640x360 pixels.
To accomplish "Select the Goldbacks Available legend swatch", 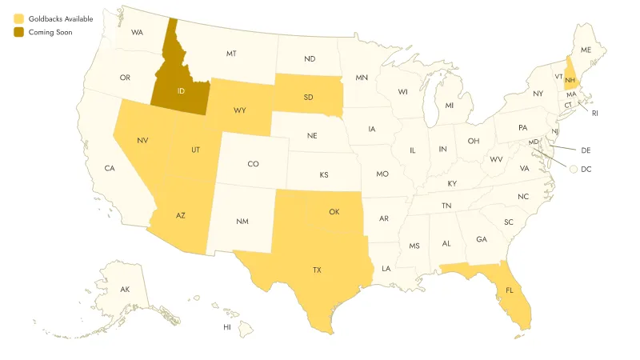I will [x=18, y=18].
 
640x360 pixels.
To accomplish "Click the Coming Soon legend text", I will [x=50, y=32].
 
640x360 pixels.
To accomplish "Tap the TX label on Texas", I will [x=317, y=270].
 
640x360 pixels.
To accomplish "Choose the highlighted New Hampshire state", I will [x=570, y=79].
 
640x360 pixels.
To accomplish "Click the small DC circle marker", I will [x=574, y=169].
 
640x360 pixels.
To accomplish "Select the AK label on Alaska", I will [x=125, y=289].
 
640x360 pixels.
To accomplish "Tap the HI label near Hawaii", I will [x=227, y=327].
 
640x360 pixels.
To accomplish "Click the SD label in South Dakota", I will [x=309, y=98].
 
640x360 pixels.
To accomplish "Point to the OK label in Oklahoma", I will [x=334, y=212].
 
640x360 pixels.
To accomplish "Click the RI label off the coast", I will [x=595, y=114].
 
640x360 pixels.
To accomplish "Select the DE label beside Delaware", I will [x=586, y=150].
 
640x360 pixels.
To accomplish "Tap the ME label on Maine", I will [x=586, y=50].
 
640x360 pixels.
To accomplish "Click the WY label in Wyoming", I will [x=239, y=110].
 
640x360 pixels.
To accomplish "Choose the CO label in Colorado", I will [x=253, y=164].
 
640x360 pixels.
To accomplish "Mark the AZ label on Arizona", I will [x=181, y=216].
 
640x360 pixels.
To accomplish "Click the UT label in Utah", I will [x=195, y=150].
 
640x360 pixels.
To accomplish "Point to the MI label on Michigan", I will [x=449, y=106].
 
